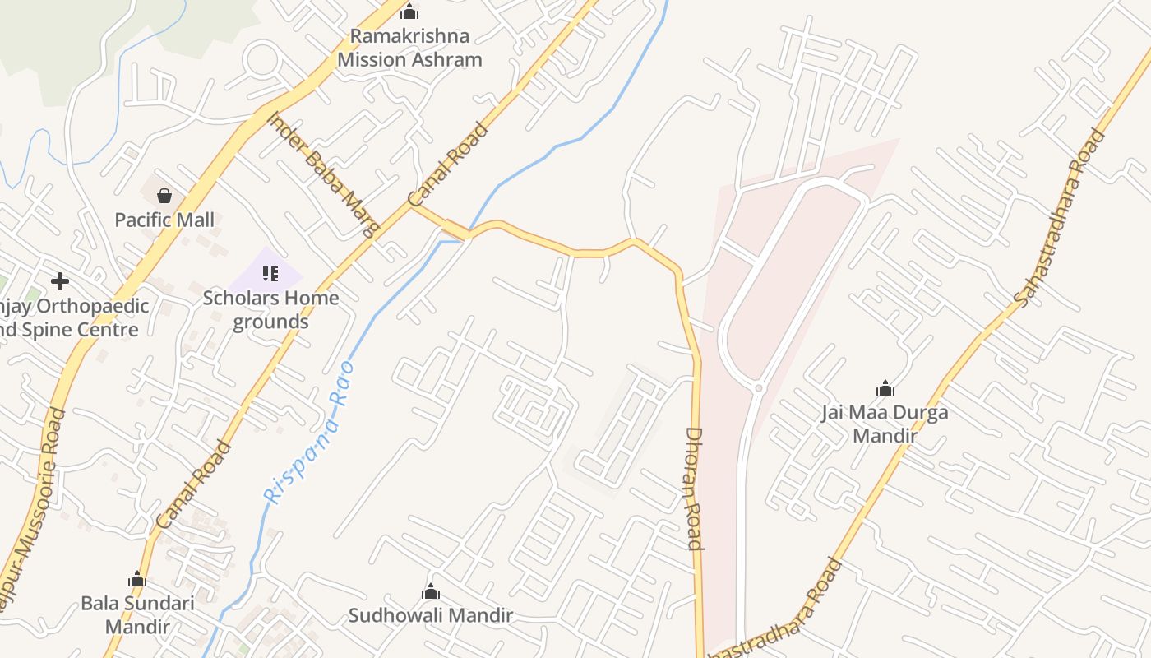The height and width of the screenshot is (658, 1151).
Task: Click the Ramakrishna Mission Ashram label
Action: point(409,48)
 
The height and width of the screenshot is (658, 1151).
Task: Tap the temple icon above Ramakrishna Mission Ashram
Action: point(409,12)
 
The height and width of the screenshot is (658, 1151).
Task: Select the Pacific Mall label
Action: point(164,220)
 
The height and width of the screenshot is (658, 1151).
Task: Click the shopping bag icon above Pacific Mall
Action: point(164,196)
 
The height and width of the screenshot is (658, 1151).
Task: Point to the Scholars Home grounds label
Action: point(270,309)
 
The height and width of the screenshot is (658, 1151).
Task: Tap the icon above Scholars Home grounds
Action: point(270,274)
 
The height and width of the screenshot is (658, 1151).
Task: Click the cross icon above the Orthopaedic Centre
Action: point(60,281)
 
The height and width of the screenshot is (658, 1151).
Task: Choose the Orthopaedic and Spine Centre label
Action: point(74,318)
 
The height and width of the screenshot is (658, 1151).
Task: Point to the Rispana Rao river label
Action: point(309,431)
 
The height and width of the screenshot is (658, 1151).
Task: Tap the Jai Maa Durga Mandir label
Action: point(885,424)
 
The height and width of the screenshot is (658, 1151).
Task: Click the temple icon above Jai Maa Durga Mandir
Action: point(885,388)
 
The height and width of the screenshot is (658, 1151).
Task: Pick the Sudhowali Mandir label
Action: point(431,615)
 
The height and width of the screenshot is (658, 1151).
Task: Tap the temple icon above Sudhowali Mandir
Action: point(431,592)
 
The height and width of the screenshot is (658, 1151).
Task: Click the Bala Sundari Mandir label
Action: point(137,614)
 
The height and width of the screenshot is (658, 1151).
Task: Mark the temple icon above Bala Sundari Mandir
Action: point(137,580)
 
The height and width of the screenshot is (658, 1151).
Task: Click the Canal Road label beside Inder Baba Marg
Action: point(449,164)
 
